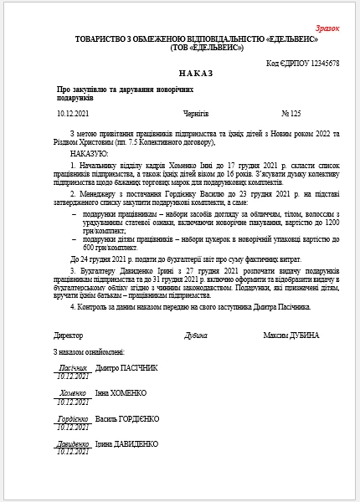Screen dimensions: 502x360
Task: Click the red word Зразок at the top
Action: point(328,28)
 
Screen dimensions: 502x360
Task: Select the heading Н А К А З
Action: point(179,74)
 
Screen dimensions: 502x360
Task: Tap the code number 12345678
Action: point(322,63)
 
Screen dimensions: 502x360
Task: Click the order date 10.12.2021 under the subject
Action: point(73,111)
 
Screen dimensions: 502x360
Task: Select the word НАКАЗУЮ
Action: point(90,153)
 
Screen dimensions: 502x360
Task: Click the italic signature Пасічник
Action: point(73,366)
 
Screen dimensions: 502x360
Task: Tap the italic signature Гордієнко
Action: point(73,417)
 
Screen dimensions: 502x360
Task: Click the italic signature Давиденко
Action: point(73,443)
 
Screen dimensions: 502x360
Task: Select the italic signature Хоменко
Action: point(73,392)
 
